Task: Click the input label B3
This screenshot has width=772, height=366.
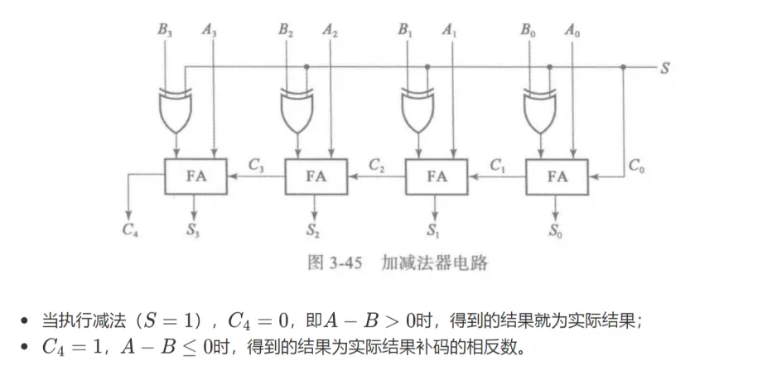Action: click(165, 30)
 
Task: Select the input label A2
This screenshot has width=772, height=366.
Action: click(331, 30)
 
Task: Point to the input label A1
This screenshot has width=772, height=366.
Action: click(451, 30)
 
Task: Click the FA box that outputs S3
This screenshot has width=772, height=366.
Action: click(195, 176)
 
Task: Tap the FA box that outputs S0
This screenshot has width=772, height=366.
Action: click(557, 176)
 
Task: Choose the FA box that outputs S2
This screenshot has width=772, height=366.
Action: click(316, 176)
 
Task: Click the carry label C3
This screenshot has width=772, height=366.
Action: click(257, 166)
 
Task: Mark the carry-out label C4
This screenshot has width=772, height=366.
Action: click(130, 229)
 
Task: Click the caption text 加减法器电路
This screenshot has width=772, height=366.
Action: click(434, 263)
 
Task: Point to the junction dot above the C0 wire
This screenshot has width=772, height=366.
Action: click(623, 67)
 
